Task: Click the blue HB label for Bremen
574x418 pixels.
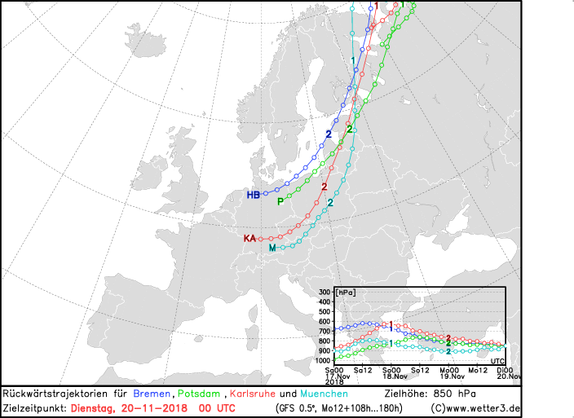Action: click(x=253, y=195)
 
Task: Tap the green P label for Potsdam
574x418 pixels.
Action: click(x=280, y=201)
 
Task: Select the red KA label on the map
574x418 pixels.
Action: click(x=249, y=239)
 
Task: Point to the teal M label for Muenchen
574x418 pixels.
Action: click(x=272, y=248)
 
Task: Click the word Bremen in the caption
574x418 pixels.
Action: click(x=152, y=394)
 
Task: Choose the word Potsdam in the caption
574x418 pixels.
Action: click(x=199, y=394)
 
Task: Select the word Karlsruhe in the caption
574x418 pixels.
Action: click(x=253, y=394)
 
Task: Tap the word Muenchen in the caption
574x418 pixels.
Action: click(x=324, y=394)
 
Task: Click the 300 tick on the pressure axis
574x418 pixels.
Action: click(x=325, y=292)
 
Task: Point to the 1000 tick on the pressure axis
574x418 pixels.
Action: click(x=324, y=361)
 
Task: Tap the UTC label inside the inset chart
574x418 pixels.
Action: click(x=497, y=361)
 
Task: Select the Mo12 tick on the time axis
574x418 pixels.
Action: click(x=478, y=370)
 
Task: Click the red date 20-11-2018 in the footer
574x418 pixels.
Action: click(x=154, y=408)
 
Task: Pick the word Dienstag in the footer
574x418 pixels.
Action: click(x=91, y=408)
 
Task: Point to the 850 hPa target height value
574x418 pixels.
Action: click(x=455, y=394)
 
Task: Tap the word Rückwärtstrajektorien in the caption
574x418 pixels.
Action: click(x=55, y=394)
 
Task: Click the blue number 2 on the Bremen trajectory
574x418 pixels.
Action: click(x=329, y=134)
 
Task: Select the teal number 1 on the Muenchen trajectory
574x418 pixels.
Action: click(x=353, y=61)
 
